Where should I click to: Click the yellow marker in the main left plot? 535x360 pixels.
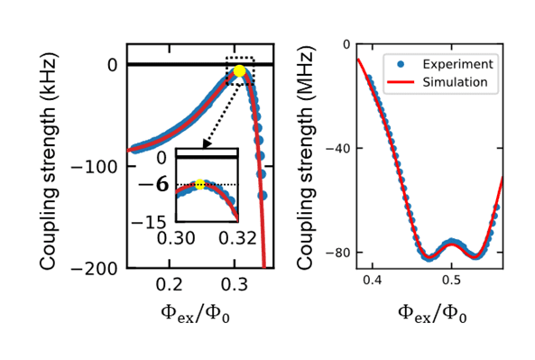(239, 70)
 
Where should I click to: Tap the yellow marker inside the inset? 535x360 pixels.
(200, 185)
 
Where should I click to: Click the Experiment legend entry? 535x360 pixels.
(447, 64)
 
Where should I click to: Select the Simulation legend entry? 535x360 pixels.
(447, 82)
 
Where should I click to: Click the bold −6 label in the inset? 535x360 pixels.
(161, 184)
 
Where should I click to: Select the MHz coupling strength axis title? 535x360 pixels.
(304, 153)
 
